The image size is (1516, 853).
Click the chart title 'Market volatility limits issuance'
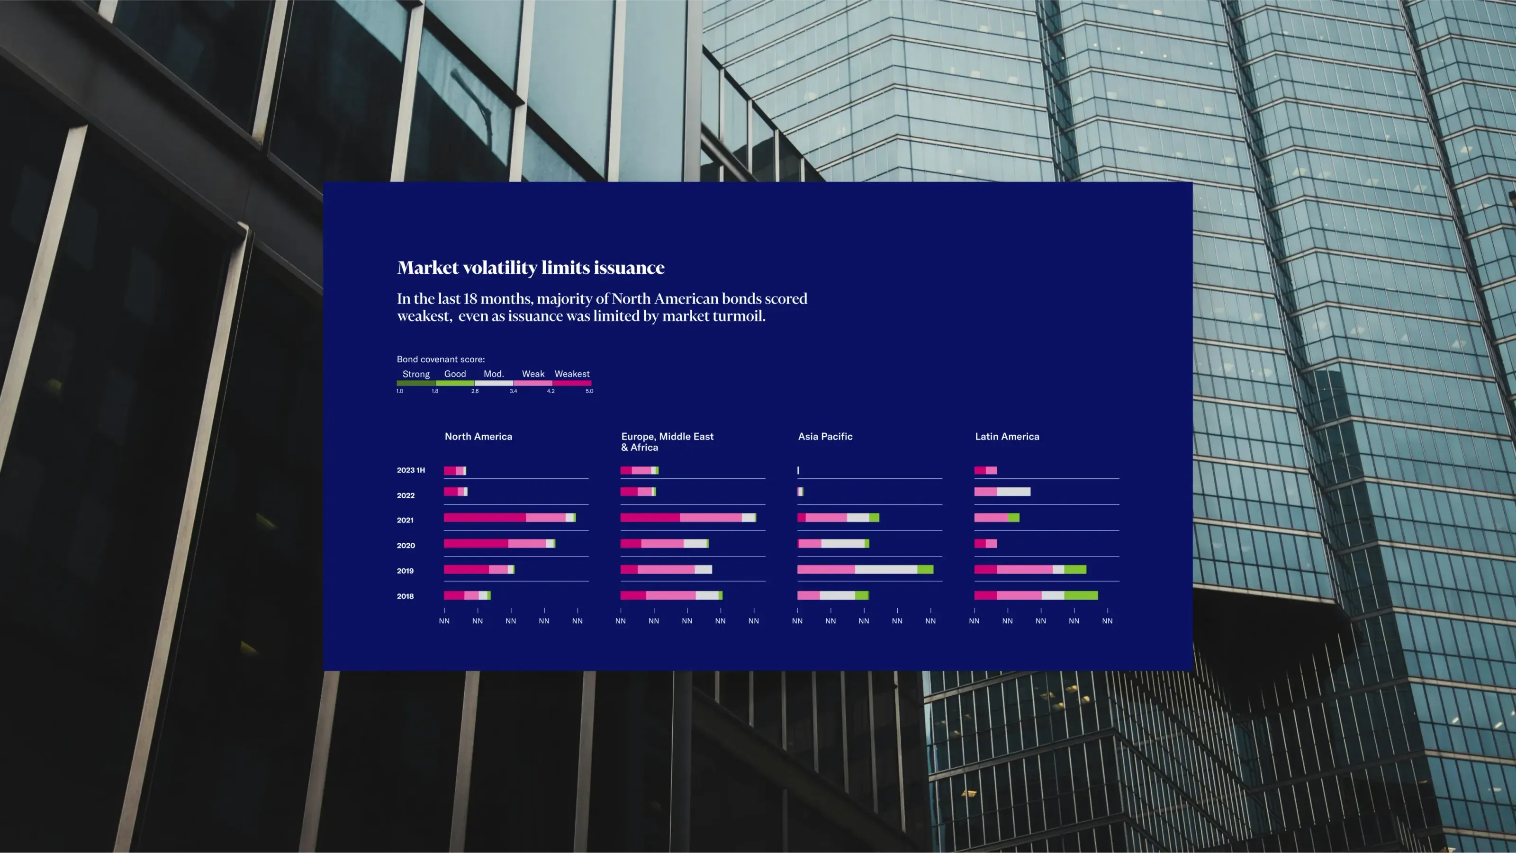[531, 268]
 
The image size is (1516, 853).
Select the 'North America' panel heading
[478, 437]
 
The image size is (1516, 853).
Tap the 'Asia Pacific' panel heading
[825, 437]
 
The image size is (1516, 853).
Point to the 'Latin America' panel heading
[1007, 437]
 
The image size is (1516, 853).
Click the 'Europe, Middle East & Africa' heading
[668, 442]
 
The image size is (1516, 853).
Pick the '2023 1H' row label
[411, 470]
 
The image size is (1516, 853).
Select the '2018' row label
[406, 596]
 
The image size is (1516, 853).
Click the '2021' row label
[406, 520]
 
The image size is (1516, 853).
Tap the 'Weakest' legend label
[572, 374]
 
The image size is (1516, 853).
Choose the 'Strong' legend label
[416, 374]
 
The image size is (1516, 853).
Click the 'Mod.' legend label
[494, 374]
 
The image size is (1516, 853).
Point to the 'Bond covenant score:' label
[441, 359]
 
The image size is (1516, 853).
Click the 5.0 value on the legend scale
[589, 391]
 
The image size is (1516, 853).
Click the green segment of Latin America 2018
[1081, 595]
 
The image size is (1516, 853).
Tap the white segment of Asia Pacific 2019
[886, 569]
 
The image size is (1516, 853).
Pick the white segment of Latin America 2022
[1013, 492]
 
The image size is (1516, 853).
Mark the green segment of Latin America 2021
[1014, 518]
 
